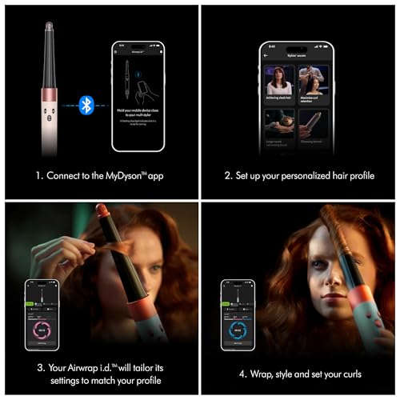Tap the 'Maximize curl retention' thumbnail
click(x=314, y=86)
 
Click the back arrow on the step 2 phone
click(x=268, y=58)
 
